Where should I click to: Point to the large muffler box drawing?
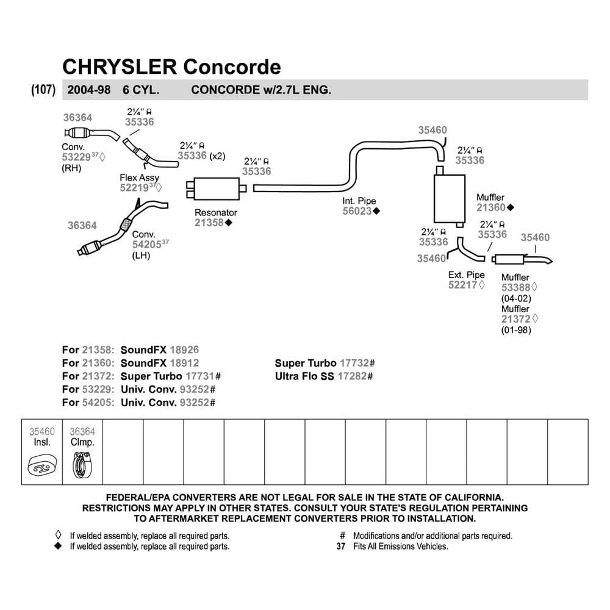(x=447, y=199)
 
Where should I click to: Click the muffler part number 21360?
(x=490, y=207)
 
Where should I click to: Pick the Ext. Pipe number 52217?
(x=463, y=285)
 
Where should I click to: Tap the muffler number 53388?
(x=515, y=287)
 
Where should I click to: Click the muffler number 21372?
(x=515, y=319)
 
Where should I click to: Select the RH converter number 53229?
(x=76, y=157)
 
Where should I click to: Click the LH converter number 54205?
(x=146, y=245)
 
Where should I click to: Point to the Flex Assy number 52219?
(x=134, y=188)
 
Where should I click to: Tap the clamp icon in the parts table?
(x=82, y=468)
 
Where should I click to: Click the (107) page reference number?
(x=43, y=90)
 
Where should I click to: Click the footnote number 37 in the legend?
(x=341, y=547)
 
